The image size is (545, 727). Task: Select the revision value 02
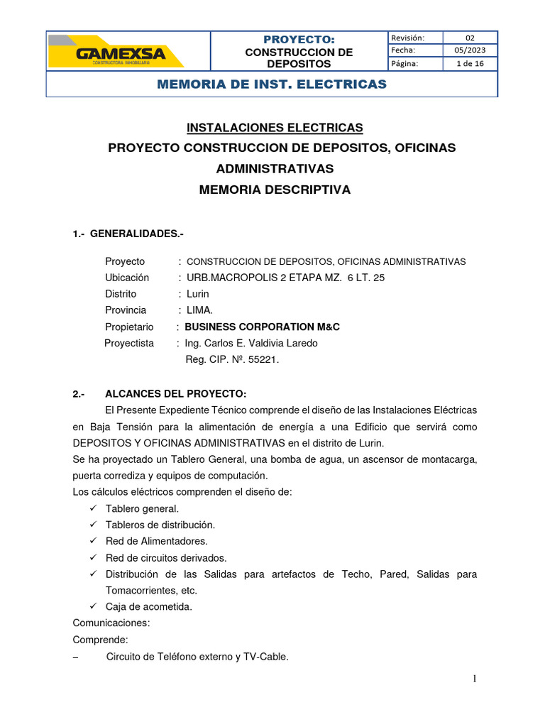pos(470,38)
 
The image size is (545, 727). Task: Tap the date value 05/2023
pos(470,50)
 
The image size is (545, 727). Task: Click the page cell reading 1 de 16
pos(470,63)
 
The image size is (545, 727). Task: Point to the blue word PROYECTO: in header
pos(298,39)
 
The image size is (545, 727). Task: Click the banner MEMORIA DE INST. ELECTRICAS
pos(272,84)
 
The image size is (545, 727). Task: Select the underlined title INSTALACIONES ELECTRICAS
pos(275,128)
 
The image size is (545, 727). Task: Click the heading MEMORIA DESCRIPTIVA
pos(275,190)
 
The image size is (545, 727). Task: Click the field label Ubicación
pos(127,278)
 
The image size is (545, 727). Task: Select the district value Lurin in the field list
pos(198,294)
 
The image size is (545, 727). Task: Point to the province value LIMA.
pos(199,310)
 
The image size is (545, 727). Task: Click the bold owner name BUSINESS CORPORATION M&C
pos(262,327)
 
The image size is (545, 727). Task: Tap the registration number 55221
pos(264,359)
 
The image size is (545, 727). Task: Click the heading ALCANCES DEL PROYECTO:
pos(175,394)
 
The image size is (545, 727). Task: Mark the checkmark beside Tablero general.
pos(93,508)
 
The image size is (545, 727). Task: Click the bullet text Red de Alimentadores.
pos(156,541)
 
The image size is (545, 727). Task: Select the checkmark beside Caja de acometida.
pos(93,606)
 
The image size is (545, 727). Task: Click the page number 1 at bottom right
pos(475,679)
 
